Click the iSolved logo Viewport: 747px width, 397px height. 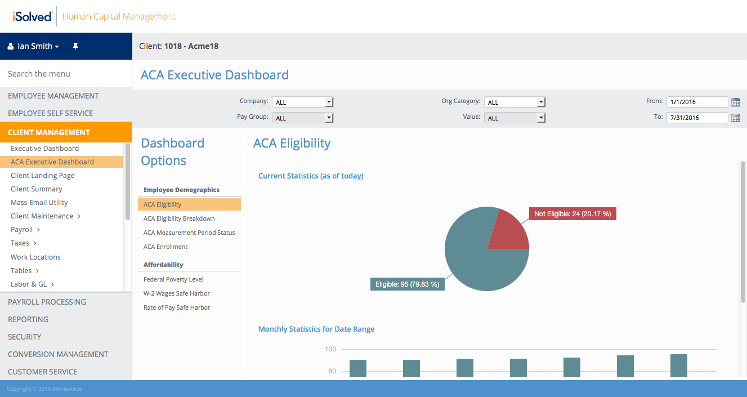tap(32, 16)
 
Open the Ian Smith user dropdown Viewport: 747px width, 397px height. tap(34, 46)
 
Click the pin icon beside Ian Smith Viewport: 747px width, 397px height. tap(75, 46)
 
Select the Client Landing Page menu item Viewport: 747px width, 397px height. tap(43, 176)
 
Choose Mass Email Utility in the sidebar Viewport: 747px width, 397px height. tap(39, 203)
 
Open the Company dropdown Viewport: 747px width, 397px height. tap(303, 102)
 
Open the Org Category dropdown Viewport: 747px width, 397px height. tap(515, 102)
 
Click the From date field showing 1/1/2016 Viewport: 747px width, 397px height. tap(697, 102)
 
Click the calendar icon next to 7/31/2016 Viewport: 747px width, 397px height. tap(736, 118)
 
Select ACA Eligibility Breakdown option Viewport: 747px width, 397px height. tap(179, 218)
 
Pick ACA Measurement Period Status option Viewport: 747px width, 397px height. tap(189, 233)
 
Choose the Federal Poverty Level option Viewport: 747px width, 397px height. tap(173, 279)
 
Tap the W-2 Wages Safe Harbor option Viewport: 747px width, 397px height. tap(177, 293)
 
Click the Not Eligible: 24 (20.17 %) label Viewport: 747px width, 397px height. tap(572, 214)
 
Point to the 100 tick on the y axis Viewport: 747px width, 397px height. tap(330, 349)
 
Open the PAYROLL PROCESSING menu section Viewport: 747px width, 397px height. tap(47, 302)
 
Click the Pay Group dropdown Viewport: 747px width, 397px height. tap(303, 118)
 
